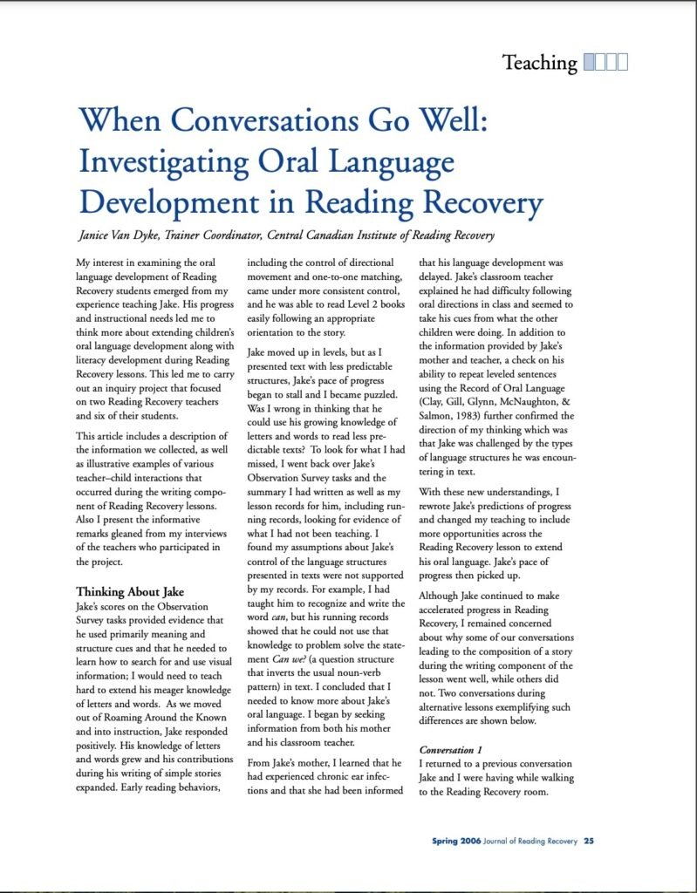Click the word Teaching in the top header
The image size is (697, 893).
pos(539,63)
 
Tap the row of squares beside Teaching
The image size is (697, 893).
pos(605,63)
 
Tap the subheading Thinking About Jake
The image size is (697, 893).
pos(129,591)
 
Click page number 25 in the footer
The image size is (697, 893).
pos(590,842)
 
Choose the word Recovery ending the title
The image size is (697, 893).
pos(475,203)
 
